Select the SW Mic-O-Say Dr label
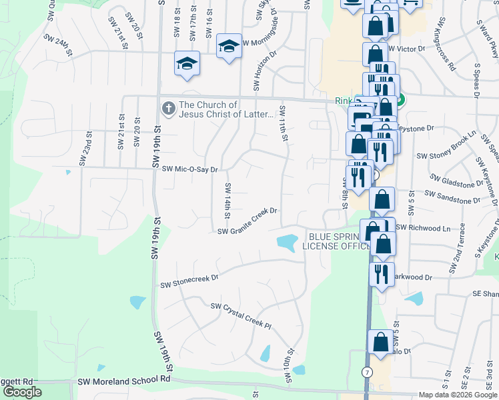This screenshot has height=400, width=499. click(x=190, y=169)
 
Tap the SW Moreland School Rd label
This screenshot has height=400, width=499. click(x=124, y=380)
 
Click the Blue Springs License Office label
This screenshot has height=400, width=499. click(x=336, y=241)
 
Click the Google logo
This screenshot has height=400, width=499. click(x=22, y=392)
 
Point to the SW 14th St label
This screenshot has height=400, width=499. click(x=227, y=201)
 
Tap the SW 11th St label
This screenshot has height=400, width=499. click(x=284, y=123)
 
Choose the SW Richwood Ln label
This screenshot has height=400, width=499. click(x=423, y=228)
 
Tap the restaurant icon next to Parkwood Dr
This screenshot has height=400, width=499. click(x=381, y=275)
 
